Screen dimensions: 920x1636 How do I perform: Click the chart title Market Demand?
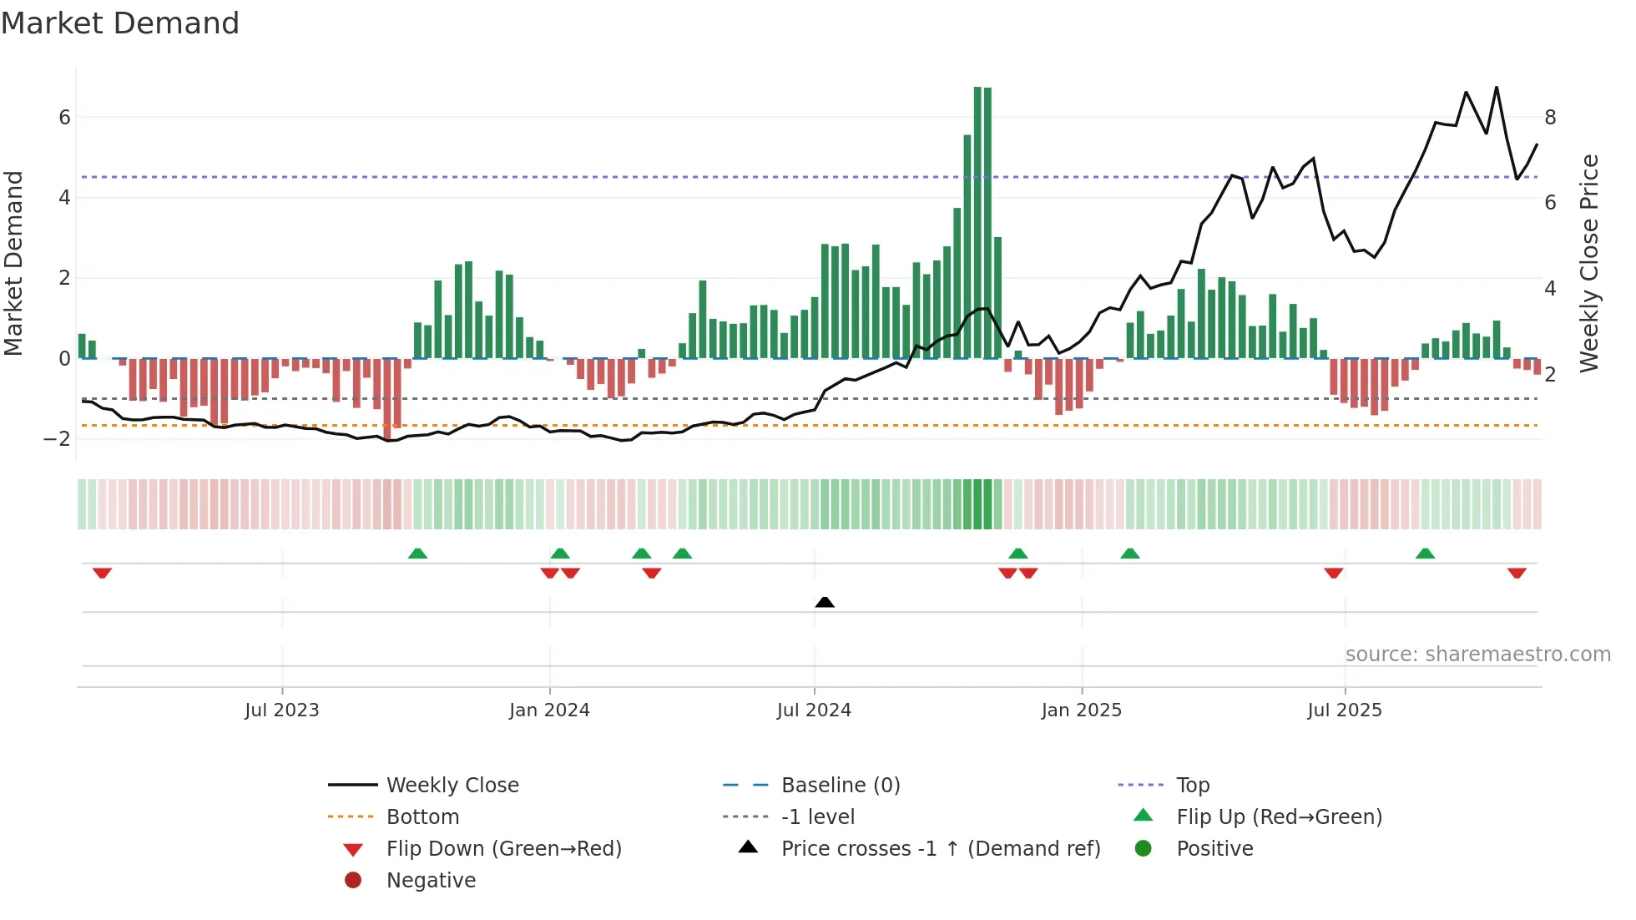[x=120, y=23]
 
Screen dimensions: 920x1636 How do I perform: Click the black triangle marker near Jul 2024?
[x=824, y=602]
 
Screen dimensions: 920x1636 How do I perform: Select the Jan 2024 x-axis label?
[x=549, y=710]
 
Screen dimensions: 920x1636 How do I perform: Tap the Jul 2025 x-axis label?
[x=1344, y=710]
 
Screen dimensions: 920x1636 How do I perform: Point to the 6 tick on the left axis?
[x=64, y=118]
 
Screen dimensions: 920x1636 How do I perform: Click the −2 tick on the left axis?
[x=58, y=439]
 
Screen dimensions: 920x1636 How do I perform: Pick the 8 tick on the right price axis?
[x=1550, y=118]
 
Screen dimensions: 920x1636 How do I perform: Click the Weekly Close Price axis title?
[x=1589, y=263]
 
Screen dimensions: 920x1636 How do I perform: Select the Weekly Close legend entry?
[x=452, y=786]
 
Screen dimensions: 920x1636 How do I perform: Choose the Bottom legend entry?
[x=422, y=817]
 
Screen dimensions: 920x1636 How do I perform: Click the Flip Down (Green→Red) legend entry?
[x=503, y=849]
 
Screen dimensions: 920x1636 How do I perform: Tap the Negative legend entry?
[x=431, y=881]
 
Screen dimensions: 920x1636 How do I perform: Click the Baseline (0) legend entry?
[x=840, y=786]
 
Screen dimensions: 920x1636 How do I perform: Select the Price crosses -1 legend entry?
[x=940, y=849]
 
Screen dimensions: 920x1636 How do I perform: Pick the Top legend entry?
[x=1192, y=786]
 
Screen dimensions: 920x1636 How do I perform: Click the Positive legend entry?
[x=1214, y=849]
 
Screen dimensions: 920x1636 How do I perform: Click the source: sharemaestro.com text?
[x=1477, y=655]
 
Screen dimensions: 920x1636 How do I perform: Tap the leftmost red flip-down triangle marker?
[x=102, y=573]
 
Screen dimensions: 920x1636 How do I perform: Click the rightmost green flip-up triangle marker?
[x=1425, y=554]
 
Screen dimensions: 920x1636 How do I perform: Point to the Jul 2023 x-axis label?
[x=281, y=710]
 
